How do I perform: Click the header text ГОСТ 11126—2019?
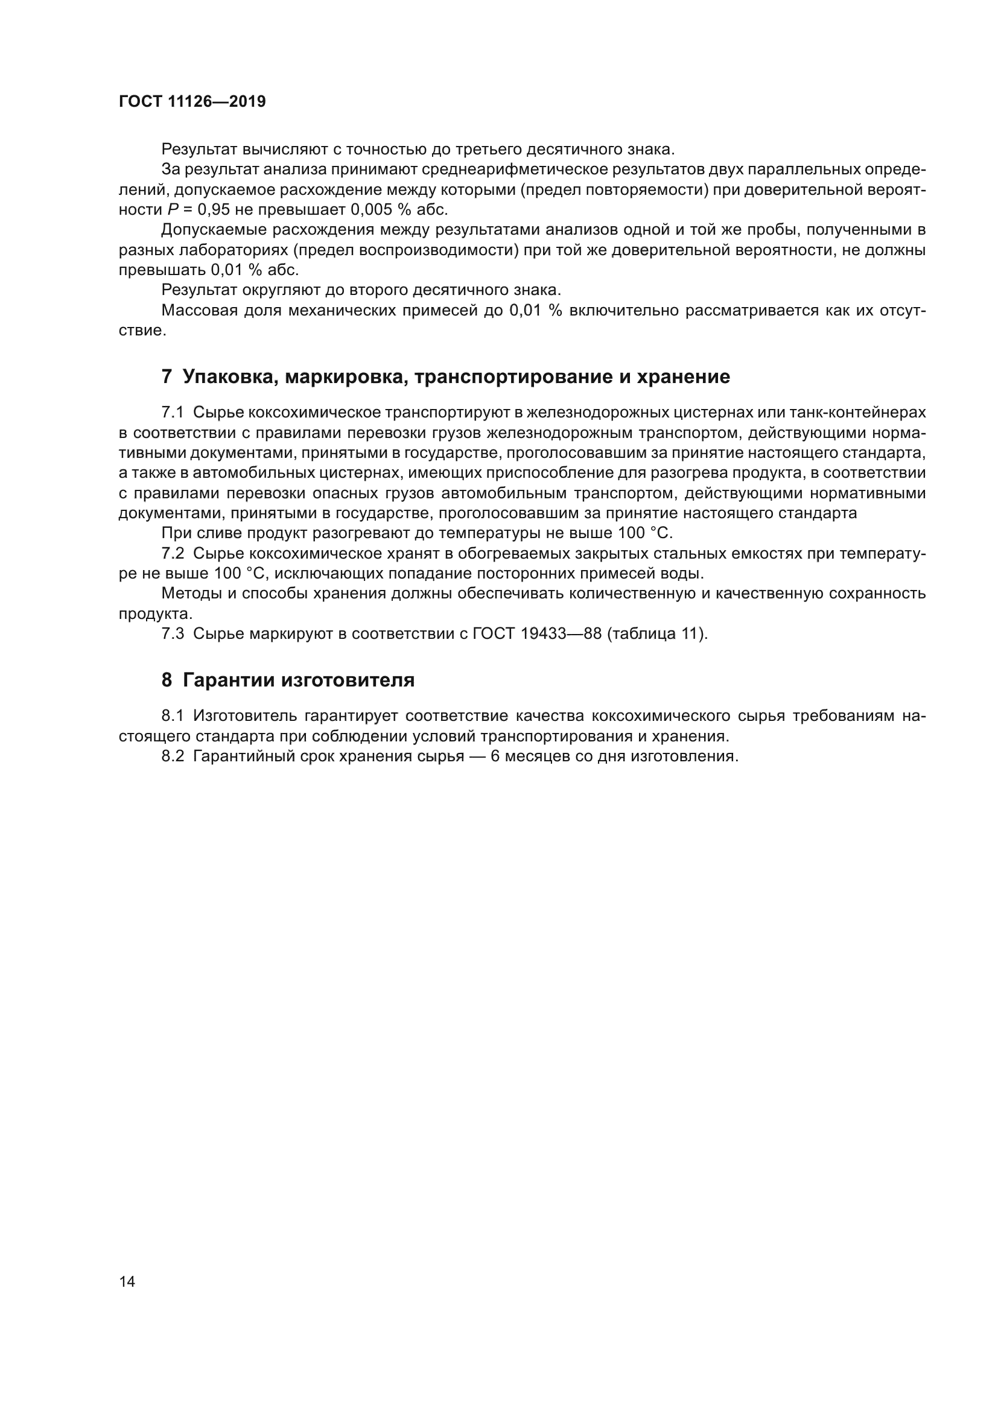click(x=192, y=101)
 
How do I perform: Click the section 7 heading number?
click(x=167, y=376)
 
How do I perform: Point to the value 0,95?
click(x=214, y=209)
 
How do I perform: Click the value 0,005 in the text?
click(x=371, y=209)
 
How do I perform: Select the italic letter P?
click(x=173, y=209)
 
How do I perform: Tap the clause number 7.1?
click(x=173, y=412)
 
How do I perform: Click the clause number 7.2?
click(x=173, y=553)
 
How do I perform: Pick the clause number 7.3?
click(x=173, y=633)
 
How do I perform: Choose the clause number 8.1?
click(x=173, y=715)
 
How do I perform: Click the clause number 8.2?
click(x=173, y=756)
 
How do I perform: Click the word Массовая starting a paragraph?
click(x=199, y=310)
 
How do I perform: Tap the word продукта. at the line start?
click(x=156, y=614)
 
